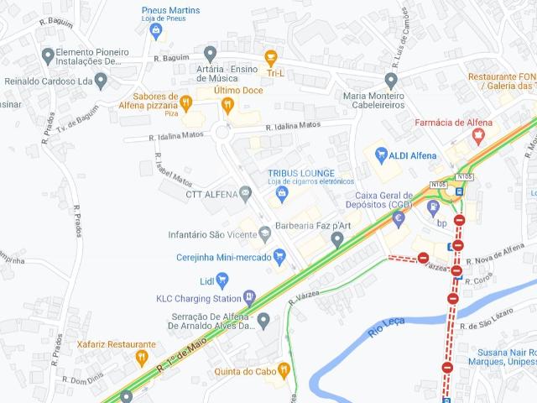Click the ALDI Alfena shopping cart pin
click(381, 154)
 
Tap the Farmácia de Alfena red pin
click(480, 133)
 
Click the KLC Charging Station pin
click(249, 296)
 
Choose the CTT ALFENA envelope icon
click(245, 194)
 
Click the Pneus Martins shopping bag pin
click(155, 29)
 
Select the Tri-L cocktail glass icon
click(270, 56)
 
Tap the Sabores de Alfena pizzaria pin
click(186, 102)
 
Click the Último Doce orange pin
click(227, 103)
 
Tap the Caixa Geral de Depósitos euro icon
click(399, 217)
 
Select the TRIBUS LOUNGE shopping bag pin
click(283, 194)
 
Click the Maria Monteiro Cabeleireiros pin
click(390, 81)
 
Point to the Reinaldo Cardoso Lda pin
click(102, 81)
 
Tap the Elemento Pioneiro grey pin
click(48, 55)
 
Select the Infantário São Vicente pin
click(264, 233)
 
